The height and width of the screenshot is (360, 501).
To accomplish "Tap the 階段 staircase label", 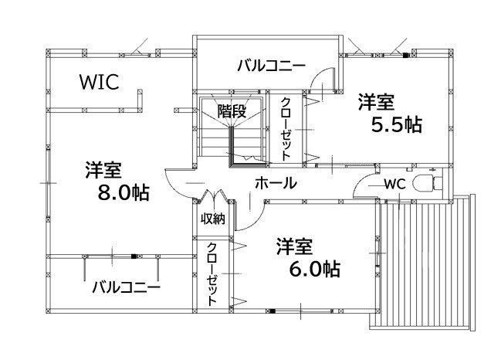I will pyautogui.click(x=231, y=111).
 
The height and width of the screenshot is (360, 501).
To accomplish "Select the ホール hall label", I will pyautogui.click(x=275, y=183).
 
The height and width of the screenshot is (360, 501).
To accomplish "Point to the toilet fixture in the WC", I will pyautogui.click(x=426, y=182).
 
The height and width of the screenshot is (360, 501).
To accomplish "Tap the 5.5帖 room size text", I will pyautogui.click(x=396, y=125).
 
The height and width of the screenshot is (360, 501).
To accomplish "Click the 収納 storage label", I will pyautogui.click(x=212, y=219).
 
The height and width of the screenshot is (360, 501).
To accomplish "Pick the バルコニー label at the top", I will pyautogui.click(x=272, y=65).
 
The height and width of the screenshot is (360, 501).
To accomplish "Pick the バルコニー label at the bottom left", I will pyautogui.click(x=126, y=288).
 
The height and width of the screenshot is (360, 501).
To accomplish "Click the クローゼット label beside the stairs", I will pyautogui.click(x=285, y=129).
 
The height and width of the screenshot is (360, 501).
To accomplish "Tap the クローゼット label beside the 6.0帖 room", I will pyautogui.click(x=212, y=273).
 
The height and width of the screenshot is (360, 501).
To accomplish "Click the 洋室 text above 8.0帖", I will pyautogui.click(x=103, y=170).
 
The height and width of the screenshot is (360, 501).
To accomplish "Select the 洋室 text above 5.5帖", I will pyautogui.click(x=376, y=102).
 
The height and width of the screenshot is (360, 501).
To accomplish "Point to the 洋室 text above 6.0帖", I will pyautogui.click(x=294, y=246).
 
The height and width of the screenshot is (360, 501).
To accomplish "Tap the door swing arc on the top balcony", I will pyautogui.click(x=326, y=80).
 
